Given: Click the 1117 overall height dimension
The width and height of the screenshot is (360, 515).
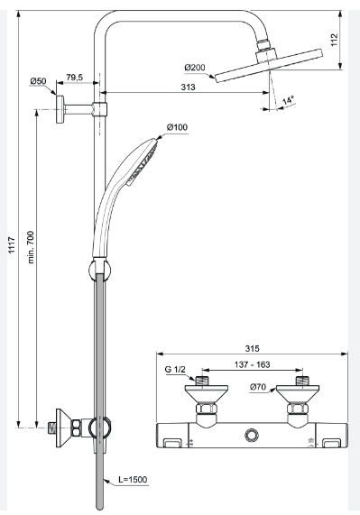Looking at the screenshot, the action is click(12, 244).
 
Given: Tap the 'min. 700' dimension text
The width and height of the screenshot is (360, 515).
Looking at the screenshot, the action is click(31, 247).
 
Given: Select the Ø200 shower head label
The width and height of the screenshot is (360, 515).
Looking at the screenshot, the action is click(195, 68).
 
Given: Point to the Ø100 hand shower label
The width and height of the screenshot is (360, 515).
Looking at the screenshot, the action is click(177, 127).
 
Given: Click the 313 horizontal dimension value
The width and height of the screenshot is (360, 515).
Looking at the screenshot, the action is click(188, 87).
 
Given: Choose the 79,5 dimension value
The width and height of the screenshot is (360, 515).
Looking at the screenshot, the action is click(75, 78).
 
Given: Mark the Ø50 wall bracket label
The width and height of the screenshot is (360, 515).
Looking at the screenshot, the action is click(39, 81).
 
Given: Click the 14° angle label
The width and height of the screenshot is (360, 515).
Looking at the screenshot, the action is click(289, 100).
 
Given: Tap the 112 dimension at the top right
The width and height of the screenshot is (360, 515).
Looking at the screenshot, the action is click(334, 40).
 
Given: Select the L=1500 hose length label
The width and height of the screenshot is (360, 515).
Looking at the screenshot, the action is click(133, 480).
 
